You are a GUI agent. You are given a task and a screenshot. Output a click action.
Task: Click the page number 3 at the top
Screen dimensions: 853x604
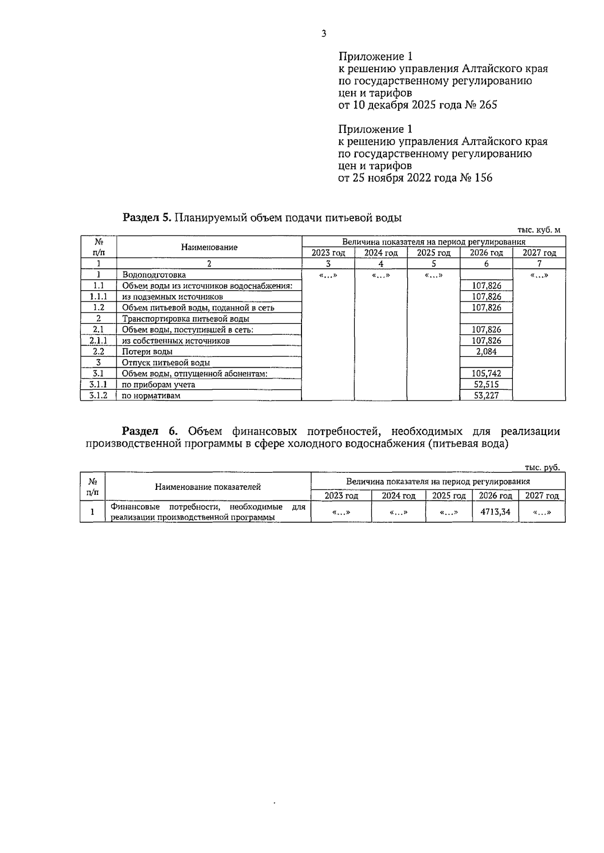[x=324, y=34]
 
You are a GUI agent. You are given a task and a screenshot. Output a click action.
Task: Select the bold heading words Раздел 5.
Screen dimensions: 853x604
[x=147, y=218]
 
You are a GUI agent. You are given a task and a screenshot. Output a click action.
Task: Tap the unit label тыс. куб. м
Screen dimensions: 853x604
[x=539, y=230]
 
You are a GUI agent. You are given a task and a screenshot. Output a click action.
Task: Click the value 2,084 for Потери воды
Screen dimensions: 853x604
[x=486, y=352]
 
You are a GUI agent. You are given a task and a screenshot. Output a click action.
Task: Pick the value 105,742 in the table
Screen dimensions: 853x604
[x=486, y=374]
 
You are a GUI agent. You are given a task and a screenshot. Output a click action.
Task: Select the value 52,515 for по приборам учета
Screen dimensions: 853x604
[x=486, y=385]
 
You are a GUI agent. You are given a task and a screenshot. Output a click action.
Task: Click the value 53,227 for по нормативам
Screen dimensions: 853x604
[x=486, y=396]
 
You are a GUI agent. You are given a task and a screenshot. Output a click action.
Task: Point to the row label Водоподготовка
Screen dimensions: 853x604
[x=154, y=275]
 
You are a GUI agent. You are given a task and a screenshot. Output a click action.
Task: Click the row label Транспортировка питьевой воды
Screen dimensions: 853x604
[x=185, y=319]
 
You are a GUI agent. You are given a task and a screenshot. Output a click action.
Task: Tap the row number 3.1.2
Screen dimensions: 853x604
[x=99, y=396]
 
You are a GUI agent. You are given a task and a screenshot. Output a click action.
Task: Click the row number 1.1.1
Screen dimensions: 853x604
[x=99, y=297]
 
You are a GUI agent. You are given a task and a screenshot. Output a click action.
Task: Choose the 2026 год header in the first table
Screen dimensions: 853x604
[x=486, y=253]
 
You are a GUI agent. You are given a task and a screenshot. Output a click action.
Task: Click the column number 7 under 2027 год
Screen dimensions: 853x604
[x=539, y=264]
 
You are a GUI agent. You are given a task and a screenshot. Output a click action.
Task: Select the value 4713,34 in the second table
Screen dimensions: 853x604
[x=495, y=511]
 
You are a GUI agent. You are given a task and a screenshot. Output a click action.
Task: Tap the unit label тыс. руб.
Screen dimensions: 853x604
[x=542, y=467]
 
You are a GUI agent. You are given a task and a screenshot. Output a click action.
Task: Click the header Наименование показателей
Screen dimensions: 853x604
[x=208, y=486]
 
